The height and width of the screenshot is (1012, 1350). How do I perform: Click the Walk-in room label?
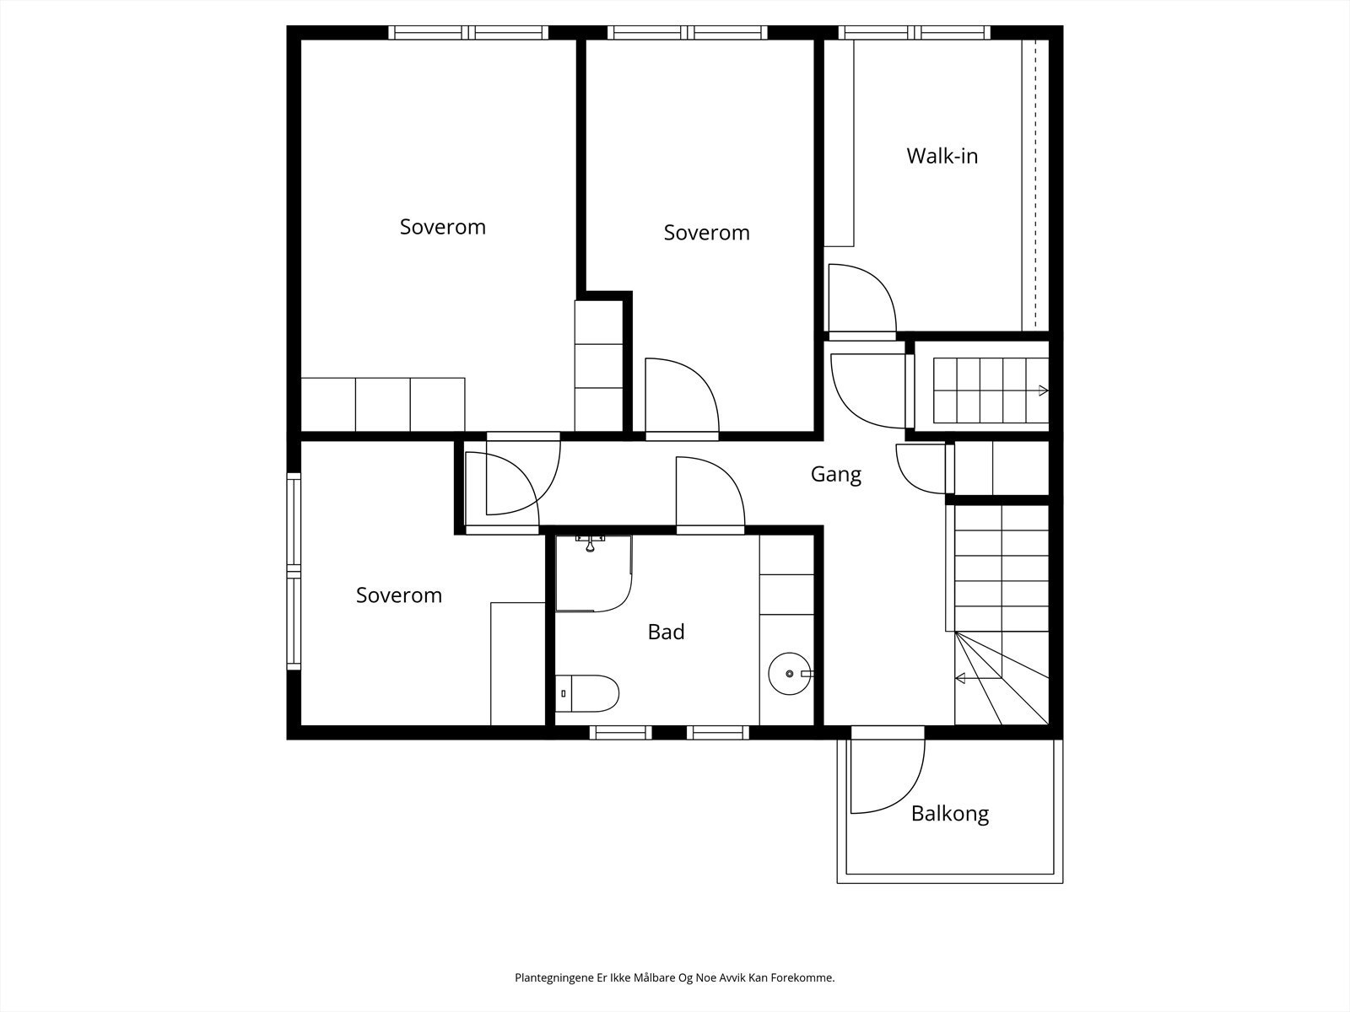click(942, 156)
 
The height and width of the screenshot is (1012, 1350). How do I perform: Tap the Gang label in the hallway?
click(836, 474)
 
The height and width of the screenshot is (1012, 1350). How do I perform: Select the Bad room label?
click(666, 632)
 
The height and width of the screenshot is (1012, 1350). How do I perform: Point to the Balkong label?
click(949, 814)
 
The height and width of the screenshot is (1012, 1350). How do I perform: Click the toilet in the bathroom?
click(586, 693)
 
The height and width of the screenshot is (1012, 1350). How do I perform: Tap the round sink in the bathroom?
click(790, 674)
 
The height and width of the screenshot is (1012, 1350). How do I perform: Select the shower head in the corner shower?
click(590, 544)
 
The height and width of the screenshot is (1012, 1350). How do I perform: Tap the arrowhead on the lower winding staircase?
click(959, 678)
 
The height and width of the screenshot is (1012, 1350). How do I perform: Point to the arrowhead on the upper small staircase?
click(1043, 390)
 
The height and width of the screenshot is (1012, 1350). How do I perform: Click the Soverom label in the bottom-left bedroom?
click(399, 595)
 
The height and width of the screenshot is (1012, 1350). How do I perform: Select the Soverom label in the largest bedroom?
click(443, 227)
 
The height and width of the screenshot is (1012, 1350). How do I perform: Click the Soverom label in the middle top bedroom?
click(707, 232)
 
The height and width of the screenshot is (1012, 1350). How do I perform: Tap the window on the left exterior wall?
click(294, 571)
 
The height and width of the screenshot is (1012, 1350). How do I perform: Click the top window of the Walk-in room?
click(915, 33)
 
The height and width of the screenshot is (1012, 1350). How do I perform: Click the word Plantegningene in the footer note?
click(554, 977)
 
